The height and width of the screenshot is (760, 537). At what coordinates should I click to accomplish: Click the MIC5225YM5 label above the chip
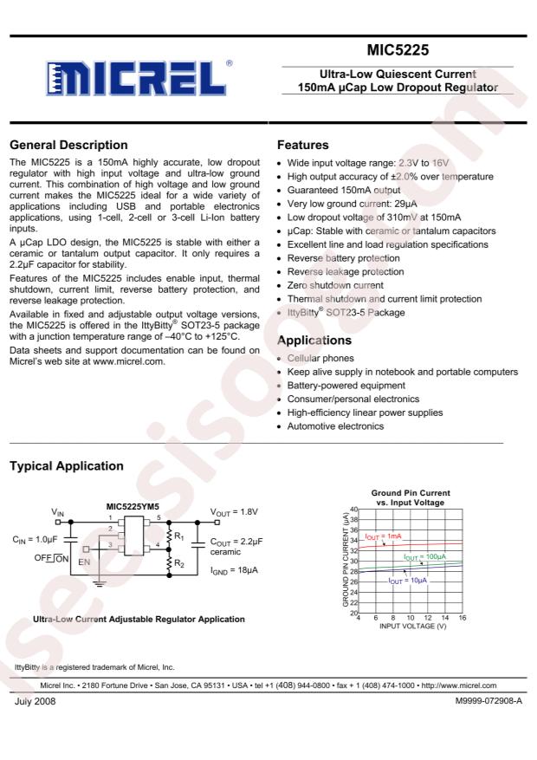[133, 507]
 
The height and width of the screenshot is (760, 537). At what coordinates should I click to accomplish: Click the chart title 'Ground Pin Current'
[410, 493]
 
